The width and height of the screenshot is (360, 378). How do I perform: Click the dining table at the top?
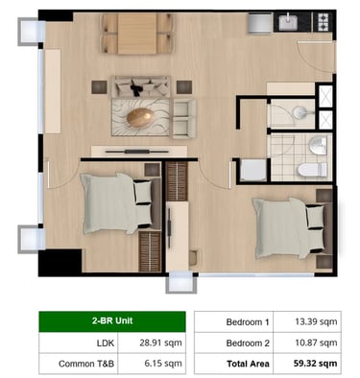coord(137,34)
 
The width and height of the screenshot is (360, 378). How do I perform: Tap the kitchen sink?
coord(288,22)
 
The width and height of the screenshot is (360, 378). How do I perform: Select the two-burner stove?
coord(323,22)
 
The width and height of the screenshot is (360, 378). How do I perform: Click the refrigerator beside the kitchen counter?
coord(260,22)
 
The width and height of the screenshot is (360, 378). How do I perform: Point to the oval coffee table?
coord(140,117)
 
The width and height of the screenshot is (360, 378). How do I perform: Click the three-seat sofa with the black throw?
coord(140,86)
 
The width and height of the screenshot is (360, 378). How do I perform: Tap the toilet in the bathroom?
coord(312,170)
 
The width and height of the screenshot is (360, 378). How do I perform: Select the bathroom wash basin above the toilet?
coord(318,145)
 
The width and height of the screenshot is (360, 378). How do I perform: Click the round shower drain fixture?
coord(300,112)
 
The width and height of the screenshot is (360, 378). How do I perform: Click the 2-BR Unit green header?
coord(112,321)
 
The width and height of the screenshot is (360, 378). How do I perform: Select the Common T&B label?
coord(86,364)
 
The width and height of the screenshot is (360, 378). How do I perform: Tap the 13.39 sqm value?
coord(316,321)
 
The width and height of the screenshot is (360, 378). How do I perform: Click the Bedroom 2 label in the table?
coord(248,343)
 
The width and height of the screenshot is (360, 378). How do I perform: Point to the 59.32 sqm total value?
coord(315,364)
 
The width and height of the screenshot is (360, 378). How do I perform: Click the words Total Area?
coord(248,364)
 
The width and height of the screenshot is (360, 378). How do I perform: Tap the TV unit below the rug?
coord(139,152)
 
